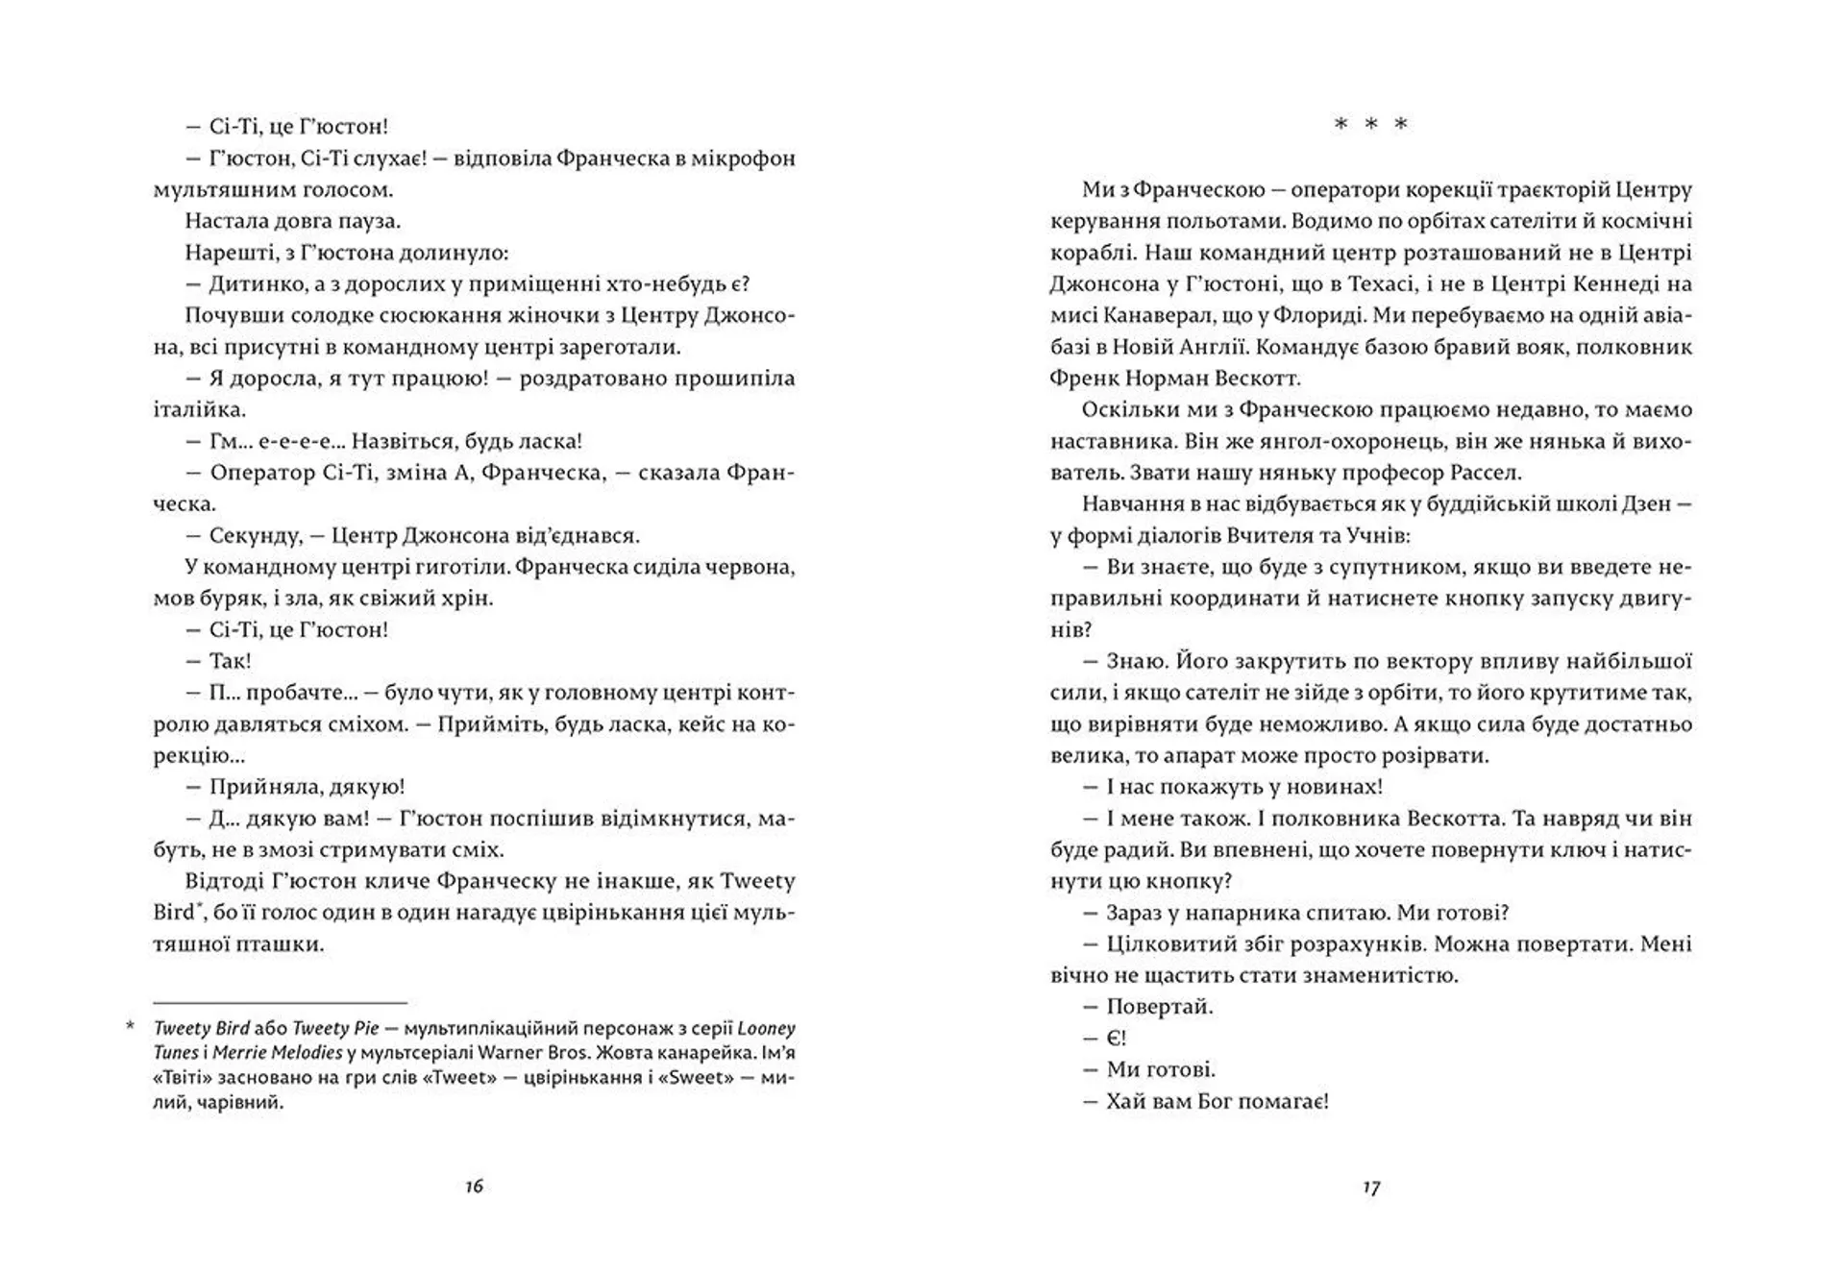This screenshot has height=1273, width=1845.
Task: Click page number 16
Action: pos(474,1187)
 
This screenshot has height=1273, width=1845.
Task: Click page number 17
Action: pos(1371,1187)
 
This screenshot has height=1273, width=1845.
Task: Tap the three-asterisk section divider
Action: pos(1371,124)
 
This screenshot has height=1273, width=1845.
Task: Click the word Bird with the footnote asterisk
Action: pos(174,913)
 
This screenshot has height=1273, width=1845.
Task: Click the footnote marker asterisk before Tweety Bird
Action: pos(130,1028)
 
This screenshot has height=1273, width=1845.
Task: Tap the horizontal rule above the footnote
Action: pos(280,1002)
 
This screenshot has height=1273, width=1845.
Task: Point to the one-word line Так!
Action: pos(231,661)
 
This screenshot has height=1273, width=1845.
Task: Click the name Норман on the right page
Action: pos(1158,379)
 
